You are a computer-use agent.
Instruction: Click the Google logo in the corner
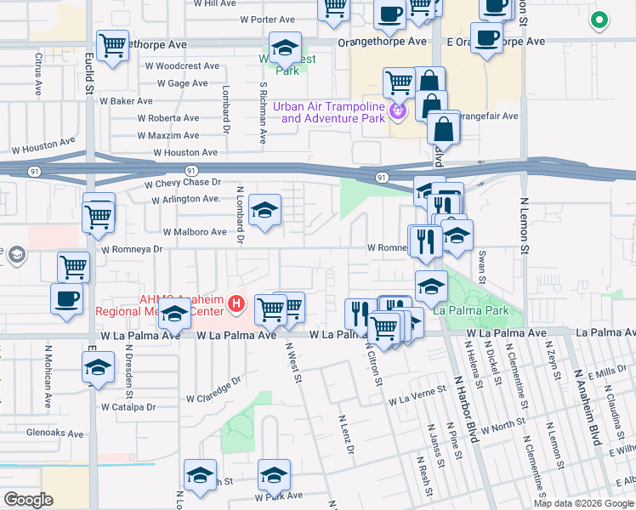[29, 500]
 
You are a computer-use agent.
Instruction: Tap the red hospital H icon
[238, 303]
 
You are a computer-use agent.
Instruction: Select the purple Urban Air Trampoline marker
[396, 111]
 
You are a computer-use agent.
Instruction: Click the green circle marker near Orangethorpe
[599, 20]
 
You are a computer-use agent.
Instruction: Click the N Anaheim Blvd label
[587, 406]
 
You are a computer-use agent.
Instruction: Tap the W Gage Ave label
[182, 83]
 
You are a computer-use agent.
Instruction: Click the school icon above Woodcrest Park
[285, 47]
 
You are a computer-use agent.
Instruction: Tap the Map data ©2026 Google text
[583, 503]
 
